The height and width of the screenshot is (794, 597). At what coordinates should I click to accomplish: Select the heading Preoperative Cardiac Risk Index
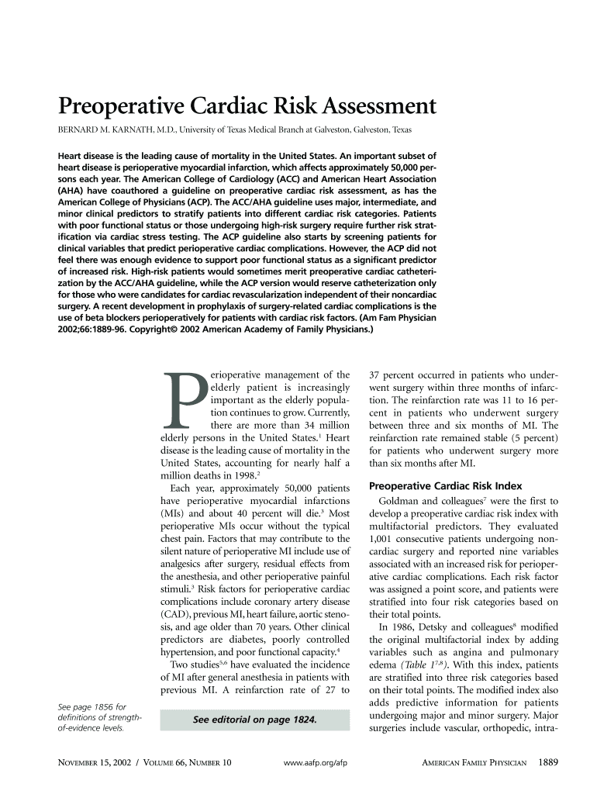point(445,487)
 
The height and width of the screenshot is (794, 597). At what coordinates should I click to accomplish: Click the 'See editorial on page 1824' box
point(254,720)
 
